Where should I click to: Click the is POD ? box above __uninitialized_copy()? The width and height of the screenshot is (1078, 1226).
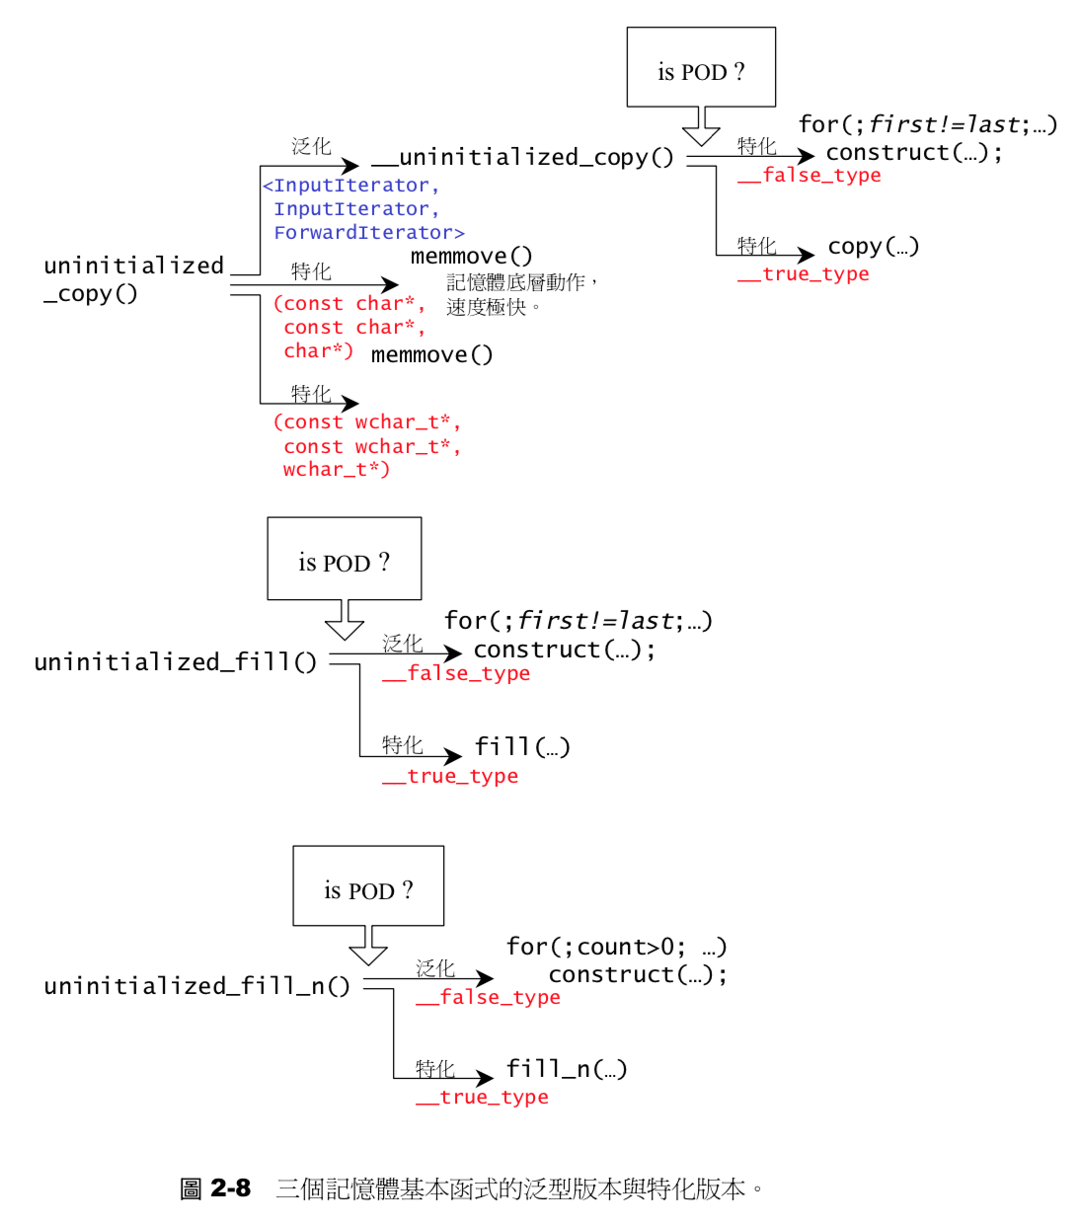tap(701, 67)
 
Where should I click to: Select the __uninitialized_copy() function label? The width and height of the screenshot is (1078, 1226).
tap(522, 157)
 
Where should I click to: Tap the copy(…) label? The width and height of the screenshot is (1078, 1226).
tap(873, 246)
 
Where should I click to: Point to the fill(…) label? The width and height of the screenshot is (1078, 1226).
tap(522, 746)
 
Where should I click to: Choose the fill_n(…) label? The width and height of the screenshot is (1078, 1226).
tap(566, 1069)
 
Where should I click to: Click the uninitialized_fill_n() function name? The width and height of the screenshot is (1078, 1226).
tap(196, 986)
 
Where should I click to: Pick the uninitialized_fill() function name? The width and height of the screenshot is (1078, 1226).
tap(175, 661)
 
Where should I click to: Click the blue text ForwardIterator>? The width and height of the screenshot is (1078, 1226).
tap(368, 233)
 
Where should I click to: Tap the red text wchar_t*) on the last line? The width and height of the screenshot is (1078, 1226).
tap(336, 470)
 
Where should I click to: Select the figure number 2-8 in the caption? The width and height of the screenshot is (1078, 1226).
tap(230, 1188)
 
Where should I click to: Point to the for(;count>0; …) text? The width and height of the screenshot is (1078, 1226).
tap(616, 947)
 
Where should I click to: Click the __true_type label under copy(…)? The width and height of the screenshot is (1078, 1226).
tap(804, 274)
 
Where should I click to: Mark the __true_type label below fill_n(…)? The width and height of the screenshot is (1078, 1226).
tap(482, 1098)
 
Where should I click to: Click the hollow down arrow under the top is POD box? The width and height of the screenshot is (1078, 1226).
tap(701, 126)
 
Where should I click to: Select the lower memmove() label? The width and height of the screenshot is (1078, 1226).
tap(431, 354)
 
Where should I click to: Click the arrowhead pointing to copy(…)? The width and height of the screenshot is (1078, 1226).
tap(806, 255)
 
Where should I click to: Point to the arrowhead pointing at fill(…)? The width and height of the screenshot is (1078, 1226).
tap(452, 757)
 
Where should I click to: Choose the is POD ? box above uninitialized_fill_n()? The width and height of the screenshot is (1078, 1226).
tap(368, 885)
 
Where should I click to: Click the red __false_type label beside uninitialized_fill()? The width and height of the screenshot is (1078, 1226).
tap(456, 674)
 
